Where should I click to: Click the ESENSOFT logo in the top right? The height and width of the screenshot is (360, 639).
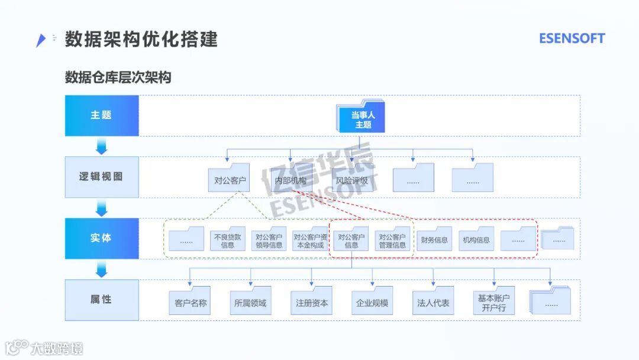(x=572, y=38)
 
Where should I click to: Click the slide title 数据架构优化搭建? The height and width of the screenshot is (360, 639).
(x=141, y=39)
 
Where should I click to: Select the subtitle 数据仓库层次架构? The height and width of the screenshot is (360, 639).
(x=118, y=78)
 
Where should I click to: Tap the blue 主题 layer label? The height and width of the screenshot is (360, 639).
(x=101, y=115)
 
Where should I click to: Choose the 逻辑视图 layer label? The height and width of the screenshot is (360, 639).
(x=101, y=176)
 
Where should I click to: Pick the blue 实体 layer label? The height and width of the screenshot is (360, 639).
(x=101, y=238)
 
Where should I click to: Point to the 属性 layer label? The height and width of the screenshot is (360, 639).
(x=101, y=300)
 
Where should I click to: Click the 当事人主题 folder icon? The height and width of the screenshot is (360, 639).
(x=362, y=117)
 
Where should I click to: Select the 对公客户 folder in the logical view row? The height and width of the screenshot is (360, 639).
(x=230, y=178)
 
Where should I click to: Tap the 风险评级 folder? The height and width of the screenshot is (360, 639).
(x=352, y=178)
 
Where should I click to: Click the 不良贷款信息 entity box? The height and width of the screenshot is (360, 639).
(x=227, y=239)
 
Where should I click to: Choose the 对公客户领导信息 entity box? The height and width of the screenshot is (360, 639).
(x=269, y=239)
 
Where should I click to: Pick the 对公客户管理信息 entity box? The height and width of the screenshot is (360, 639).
(x=392, y=239)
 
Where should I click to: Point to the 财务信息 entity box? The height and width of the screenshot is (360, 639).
(x=434, y=239)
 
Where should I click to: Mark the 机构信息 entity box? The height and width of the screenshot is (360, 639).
(x=476, y=239)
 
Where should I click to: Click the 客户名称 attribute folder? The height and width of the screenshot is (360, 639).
(x=191, y=302)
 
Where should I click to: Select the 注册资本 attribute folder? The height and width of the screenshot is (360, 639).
(x=312, y=302)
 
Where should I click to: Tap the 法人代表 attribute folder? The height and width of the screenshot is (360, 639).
(x=433, y=302)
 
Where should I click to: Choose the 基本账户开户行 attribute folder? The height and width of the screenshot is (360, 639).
(x=493, y=302)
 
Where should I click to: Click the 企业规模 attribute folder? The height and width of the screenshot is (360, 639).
(x=372, y=302)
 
